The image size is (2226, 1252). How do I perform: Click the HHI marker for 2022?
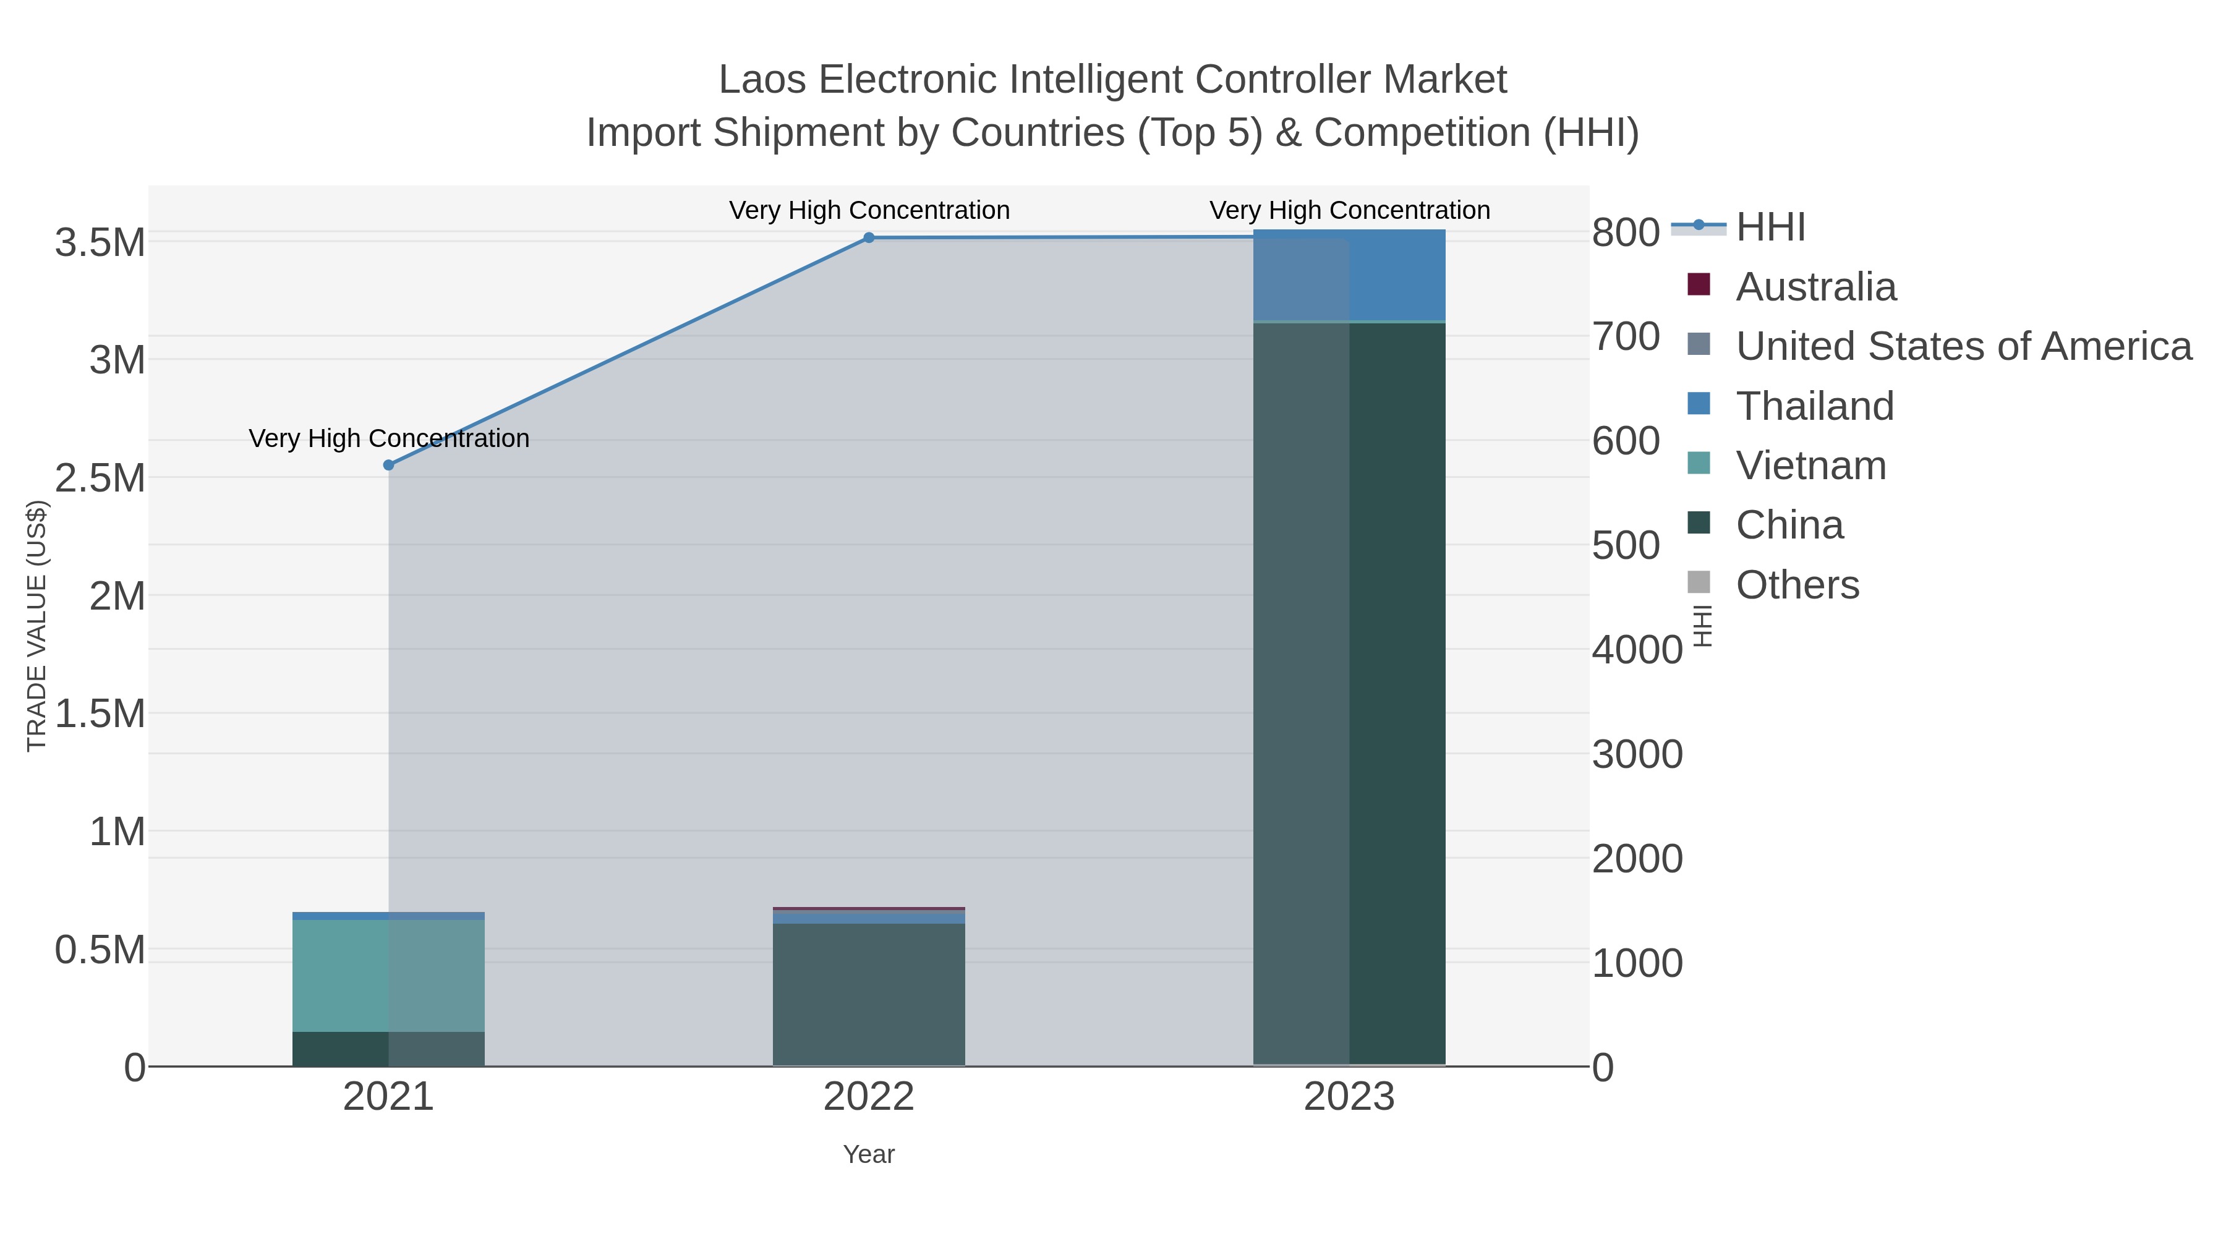point(869,237)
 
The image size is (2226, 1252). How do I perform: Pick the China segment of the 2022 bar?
point(869,994)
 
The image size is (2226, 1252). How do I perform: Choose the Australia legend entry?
point(1815,287)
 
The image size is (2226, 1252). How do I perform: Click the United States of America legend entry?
point(1963,346)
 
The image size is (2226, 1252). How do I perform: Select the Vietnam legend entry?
point(1810,466)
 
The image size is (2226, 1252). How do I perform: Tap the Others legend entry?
point(1796,585)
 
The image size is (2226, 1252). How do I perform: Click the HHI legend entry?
point(1770,228)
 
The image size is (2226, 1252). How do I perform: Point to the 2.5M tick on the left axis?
point(100,478)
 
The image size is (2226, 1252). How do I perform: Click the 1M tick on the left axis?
point(117,832)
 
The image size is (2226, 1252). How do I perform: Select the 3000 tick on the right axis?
point(1637,754)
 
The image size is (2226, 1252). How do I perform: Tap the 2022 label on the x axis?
point(869,1097)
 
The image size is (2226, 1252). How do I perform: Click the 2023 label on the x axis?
point(1349,1097)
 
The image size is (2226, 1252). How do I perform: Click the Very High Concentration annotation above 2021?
point(389,439)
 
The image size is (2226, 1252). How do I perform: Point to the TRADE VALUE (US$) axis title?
point(36,626)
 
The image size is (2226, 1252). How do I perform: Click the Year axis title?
point(869,1154)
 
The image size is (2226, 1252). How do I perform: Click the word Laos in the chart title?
point(763,80)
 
